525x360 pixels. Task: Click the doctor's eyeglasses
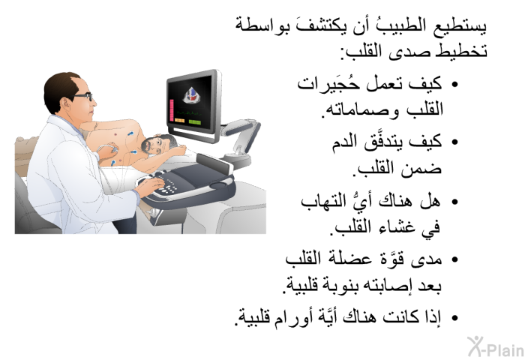[x=82, y=97]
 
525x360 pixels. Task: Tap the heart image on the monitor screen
[x=190, y=95]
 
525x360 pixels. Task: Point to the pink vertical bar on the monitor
[x=172, y=110]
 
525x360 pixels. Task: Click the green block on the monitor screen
[x=195, y=122]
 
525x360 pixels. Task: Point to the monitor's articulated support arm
[x=241, y=138]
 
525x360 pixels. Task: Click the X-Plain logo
[x=496, y=346]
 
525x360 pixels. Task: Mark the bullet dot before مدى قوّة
[x=454, y=259]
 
